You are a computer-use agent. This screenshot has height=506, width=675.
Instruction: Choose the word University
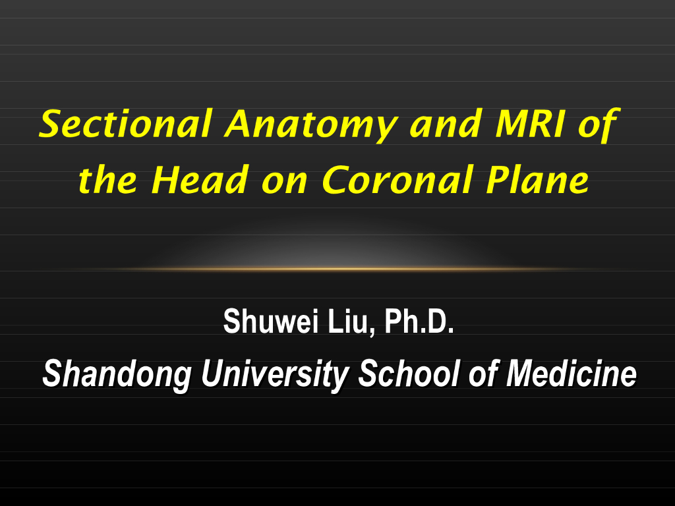click(x=276, y=375)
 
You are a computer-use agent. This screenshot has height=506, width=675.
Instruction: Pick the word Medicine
click(x=571, y=374)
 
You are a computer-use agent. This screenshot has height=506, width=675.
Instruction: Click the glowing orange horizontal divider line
click(x=337, y=269)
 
